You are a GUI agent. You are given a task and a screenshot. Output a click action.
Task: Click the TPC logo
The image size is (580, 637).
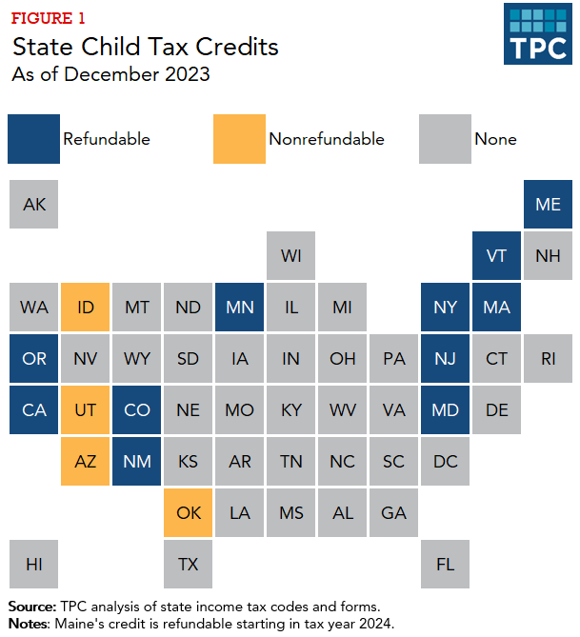click(x=538, y=33)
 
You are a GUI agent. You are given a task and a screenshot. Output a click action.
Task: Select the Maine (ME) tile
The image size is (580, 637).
click(x=548, y=204)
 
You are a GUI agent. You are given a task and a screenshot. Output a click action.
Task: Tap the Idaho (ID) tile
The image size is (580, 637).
click(x=86, y=307)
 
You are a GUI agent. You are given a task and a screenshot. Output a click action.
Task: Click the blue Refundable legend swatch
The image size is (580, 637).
click(x=33, y=139)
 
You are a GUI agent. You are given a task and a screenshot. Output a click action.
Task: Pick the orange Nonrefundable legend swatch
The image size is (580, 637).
click(x=238, y=139)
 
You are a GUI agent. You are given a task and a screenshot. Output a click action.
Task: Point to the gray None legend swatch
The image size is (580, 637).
click(x=444, y=139)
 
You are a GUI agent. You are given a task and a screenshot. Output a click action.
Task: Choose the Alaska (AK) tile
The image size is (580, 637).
click(x=34, y=204)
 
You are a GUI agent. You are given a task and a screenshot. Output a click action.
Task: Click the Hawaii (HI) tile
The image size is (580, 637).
click(x=34, y=564)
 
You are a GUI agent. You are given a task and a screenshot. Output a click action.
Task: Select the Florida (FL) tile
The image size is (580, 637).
click(x=445, y=564)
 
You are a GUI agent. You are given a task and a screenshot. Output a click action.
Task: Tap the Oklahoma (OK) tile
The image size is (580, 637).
click(x=189, y=512)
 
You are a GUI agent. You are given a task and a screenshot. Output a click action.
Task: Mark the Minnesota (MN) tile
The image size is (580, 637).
click(x=240, y=307)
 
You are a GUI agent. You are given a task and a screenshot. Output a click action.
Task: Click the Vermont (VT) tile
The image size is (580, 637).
click(x=496, y=255)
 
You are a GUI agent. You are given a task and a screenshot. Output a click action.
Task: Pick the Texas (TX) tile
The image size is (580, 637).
click(x=189, y=564)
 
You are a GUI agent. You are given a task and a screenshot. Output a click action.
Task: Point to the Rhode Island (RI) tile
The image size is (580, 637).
click(x=548, y=358)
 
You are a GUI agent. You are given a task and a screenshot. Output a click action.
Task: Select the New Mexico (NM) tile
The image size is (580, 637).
click(x=137, y=461)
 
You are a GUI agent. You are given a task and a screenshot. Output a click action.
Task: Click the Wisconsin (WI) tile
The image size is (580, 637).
click(x=291, y=255)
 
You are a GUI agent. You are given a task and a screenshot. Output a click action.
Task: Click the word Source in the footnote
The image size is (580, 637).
click(x=31, y=606)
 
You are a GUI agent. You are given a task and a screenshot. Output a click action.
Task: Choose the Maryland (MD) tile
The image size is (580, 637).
click(x=445, y=409)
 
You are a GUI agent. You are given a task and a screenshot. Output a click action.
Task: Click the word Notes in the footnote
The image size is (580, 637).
click(x=30, y=624)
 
